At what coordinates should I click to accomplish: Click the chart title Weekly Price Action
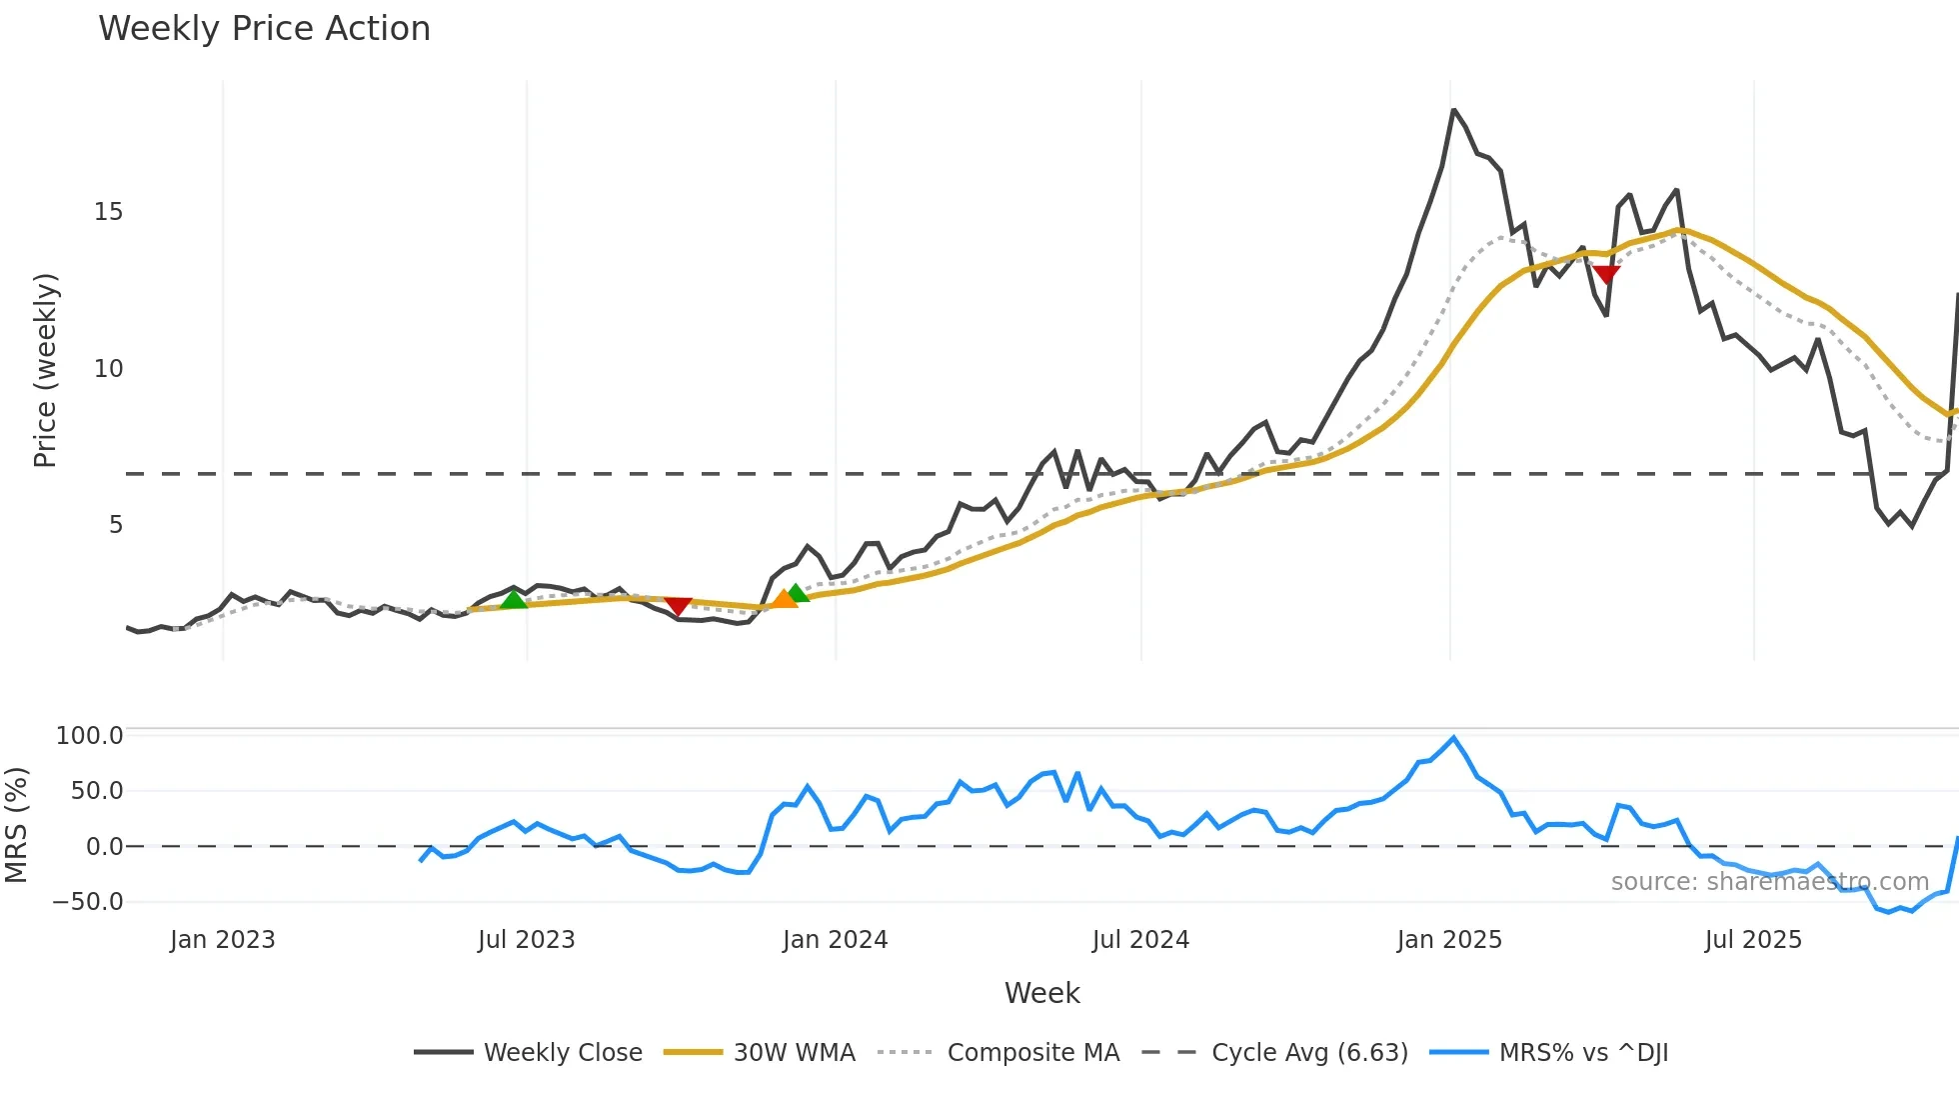pos(264,29)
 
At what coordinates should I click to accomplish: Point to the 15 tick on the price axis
pos(108,212)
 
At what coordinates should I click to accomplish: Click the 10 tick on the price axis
pos(108,369)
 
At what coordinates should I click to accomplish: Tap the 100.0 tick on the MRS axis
pos(90,736)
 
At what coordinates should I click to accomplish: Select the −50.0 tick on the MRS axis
pos(88,902)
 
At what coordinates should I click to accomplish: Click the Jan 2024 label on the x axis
pos(835,940)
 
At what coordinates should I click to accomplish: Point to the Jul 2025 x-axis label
pos(1753,940)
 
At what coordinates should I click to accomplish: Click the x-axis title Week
pos(1041,993)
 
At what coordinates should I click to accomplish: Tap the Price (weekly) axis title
pos(46,370)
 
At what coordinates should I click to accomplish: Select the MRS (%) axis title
pos(16,825)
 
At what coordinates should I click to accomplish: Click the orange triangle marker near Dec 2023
pos(784,599)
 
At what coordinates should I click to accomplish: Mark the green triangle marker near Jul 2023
pos(514,599)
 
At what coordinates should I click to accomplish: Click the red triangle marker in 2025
pos(1606,274)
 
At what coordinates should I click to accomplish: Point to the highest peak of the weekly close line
pos(1453,110)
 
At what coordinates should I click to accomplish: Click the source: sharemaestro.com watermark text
pos(1769,882)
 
